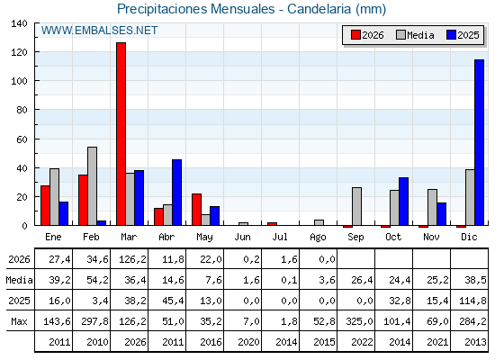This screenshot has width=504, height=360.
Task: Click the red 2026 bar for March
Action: pyautogui.click(x=121, y=134)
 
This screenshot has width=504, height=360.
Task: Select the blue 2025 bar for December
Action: pyautogui.click(x=479, y=142)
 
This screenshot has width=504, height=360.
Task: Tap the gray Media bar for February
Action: pyautogui.click(x=92, y=186)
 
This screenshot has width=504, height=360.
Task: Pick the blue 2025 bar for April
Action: pyautogui.click(x=176, y=193)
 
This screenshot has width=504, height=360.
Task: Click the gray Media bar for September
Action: pyautogui.click(x=356, y=206)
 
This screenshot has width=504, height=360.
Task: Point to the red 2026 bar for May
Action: pyautogui.click(x=197, y=210)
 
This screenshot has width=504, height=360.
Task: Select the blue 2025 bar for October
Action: pyautogui.click(x=404, y=202)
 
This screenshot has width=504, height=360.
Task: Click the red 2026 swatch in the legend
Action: pyautogui.click(x=355, y=35)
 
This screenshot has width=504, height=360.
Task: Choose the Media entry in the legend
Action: pyautogui.click(x=415, y=35)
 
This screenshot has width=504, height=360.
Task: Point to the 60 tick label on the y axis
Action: pyautogui.click(x=22, y=139)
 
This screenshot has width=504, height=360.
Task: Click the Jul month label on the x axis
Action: pyautogui.click(x=280, y=237)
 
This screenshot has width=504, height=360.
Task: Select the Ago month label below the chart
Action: pyautogui.click(x=318, y=238)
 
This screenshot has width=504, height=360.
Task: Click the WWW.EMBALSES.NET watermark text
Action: pyautogui.click(x=99, y=31)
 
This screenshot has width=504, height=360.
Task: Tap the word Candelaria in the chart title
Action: pyautogui.click(x=319, y=9)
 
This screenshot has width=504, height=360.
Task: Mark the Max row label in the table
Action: pyautogui.click(x=19, y=321)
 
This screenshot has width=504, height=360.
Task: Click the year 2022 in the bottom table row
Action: pyautogui.click(x=362, y=342)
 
